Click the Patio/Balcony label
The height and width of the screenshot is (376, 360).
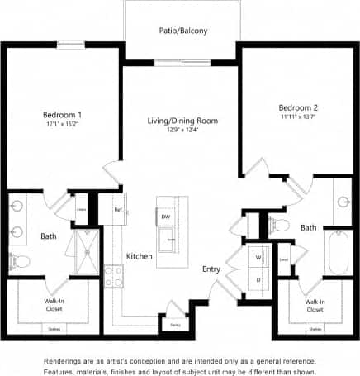tap(182, 31)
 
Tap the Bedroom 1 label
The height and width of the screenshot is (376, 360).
tap(62, 114)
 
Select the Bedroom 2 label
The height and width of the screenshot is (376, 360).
tap(298, 108)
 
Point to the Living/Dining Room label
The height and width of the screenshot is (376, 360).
tap(182, 121)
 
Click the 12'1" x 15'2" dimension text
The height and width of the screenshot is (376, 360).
tap(62, 124)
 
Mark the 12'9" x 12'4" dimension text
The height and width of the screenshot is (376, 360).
tap(182, 130)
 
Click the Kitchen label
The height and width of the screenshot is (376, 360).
tap(140, 257)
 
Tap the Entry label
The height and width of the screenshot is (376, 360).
tap(211, 269)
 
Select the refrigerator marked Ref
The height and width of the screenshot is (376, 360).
tap(118, 211)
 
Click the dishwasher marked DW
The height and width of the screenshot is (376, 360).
tap(166, 217)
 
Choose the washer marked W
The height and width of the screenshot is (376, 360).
tap(258, 257)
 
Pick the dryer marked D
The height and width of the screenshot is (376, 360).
tap(258, 279)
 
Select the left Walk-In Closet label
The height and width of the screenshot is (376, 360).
tap(54, 306)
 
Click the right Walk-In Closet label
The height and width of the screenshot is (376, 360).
tap(314, 306)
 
